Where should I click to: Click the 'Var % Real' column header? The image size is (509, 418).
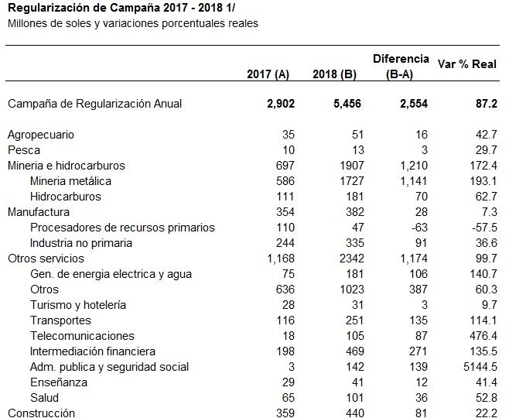pyautogui.click(x=466, y=64)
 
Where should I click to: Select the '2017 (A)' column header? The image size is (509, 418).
pyautogui.click(x=268, y=74)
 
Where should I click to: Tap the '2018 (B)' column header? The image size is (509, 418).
pyautogui.click(x=334, y=74)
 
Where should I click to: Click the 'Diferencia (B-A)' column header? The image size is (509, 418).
pyautogui.click(x=401, y=67)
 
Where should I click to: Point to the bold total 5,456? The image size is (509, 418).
pyautogui.click(x=347, y=104)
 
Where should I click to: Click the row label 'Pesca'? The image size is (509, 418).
pyautogui.click(x=24, y=150)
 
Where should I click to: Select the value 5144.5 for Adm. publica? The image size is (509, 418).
pyautogui.click(x=480, y=367)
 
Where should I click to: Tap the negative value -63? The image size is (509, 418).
pyautogui.click(x=419, y=228)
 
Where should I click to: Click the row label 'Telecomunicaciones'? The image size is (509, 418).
pyautogui.click(x=82, y=336)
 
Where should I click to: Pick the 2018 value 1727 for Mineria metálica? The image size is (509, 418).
pyautogui.click(x=352, y=181)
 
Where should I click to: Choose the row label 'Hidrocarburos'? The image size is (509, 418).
pyautogui.click(x=66, y=197)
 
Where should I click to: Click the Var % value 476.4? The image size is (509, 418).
pyautogui.click(x=483, y=336)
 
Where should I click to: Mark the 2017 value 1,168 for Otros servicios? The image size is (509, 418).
pyautogui.click(x=281, y=259)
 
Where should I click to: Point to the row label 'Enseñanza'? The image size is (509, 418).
pyautogui.click(x=59, y=382)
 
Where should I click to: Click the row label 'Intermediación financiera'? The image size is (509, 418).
pyautogui.click(x=93, y=351)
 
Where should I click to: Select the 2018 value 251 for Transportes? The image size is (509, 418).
pyautogui.click(x=354, y=320)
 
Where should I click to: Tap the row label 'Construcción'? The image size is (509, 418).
pyautogui.click(x=41, y=413)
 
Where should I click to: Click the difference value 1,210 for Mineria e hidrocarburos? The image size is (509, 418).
pyautogui.click(x=414, y=166)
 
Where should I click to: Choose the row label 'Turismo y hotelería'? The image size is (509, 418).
pyautogui.click(x=78, y=305)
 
